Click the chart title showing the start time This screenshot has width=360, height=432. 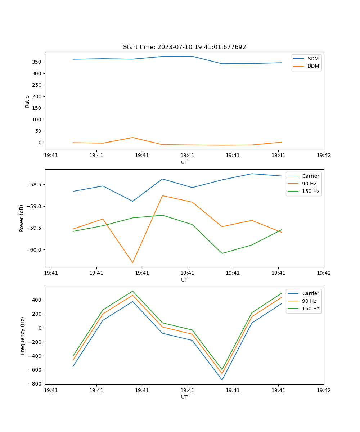coord(184,47)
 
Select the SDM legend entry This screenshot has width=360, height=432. coord(313,58)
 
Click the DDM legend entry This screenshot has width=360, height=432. coord(313,66)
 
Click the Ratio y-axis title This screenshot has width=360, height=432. coord(27,101)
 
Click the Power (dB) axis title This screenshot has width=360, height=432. coord(22,218)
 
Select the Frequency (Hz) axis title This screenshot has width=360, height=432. coord(23,336)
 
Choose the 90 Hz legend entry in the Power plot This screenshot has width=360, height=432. coord(309,184)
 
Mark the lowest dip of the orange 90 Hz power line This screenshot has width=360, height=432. coord(132,262)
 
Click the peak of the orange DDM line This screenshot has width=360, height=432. coord(132,138)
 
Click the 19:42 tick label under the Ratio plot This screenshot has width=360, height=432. coord(323,156)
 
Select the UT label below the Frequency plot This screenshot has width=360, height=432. coord(184,397)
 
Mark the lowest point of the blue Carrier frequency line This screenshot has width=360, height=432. coord(222,380)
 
